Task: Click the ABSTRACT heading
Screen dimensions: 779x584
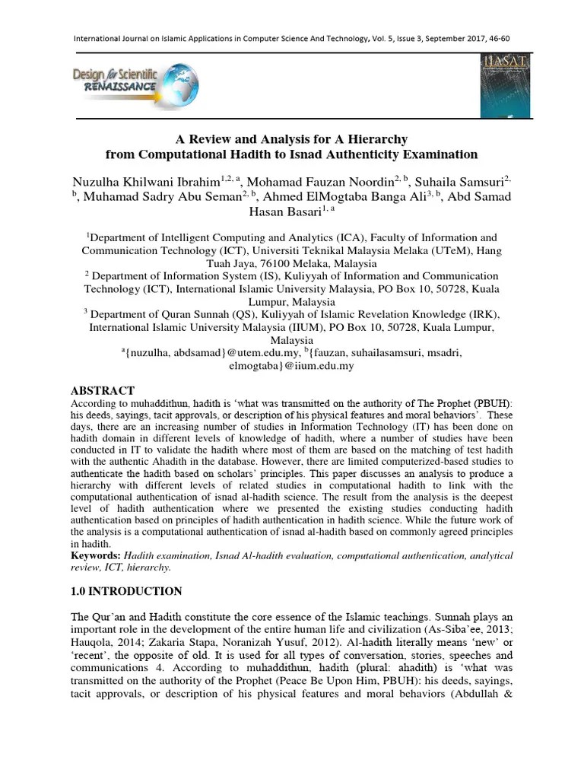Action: [103, 390]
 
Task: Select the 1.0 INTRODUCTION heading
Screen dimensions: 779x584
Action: [126, 591]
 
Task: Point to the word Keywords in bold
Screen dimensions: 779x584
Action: [96, 556]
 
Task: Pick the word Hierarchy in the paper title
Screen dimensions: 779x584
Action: [367, 139]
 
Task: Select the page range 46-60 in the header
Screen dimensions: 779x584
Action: [497, 39]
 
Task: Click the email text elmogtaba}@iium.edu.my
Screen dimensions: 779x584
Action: [292, 366]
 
